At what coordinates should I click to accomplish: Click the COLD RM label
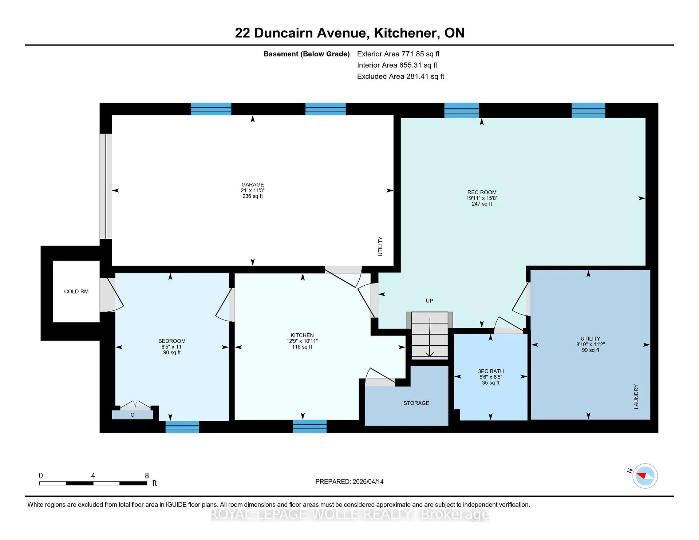click(76, 291)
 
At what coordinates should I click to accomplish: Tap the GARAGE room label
click(253, 184)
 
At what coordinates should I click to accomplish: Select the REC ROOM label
click(482, 192)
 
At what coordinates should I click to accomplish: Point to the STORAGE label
click(416, 403)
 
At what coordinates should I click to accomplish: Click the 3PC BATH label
click(491, 371)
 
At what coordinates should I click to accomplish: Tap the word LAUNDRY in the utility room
click(636, 397)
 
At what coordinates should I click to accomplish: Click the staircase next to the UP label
click(430, 335)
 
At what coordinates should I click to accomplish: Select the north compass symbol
click(645, 476)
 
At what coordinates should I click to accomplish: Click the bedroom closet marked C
click(132, 415)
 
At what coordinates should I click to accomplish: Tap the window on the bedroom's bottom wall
click(182, 427)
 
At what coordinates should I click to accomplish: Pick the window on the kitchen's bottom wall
click(309, 426)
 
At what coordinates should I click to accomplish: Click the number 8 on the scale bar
click(147, 476)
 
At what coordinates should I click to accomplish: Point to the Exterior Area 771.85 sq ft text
click(398, 54)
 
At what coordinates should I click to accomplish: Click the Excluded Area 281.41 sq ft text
click(400, 76)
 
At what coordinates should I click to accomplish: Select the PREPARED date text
click(349, 481)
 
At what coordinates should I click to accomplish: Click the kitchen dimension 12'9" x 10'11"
click(302, 341)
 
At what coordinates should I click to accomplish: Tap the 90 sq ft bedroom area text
click(172, 352)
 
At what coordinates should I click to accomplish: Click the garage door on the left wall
click(106, 186)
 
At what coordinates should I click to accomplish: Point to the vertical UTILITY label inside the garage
click(380, 246)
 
